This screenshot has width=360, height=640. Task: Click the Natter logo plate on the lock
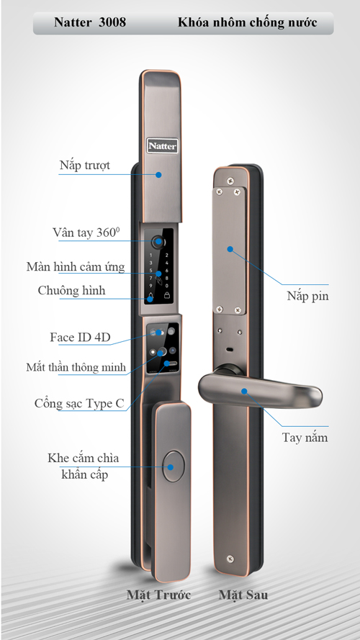163,145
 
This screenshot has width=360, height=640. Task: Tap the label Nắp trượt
84,166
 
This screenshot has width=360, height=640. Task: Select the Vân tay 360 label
86,233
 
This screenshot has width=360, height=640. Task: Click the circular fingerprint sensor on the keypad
157,243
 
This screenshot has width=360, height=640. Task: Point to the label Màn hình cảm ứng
76,266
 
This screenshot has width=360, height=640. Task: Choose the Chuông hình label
71,290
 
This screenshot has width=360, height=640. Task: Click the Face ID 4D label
80,337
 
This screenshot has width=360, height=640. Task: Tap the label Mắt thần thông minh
76,367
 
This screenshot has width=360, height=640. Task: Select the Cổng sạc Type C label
79,404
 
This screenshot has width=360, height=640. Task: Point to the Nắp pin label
307,296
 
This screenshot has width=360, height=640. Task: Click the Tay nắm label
305,437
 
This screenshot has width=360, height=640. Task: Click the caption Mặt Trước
158,595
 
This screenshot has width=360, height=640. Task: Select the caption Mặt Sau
243,595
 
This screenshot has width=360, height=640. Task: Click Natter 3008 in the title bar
90,22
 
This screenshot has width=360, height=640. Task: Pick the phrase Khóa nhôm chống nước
248,22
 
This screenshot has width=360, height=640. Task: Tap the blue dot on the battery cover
230,248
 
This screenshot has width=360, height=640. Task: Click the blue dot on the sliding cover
158,175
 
